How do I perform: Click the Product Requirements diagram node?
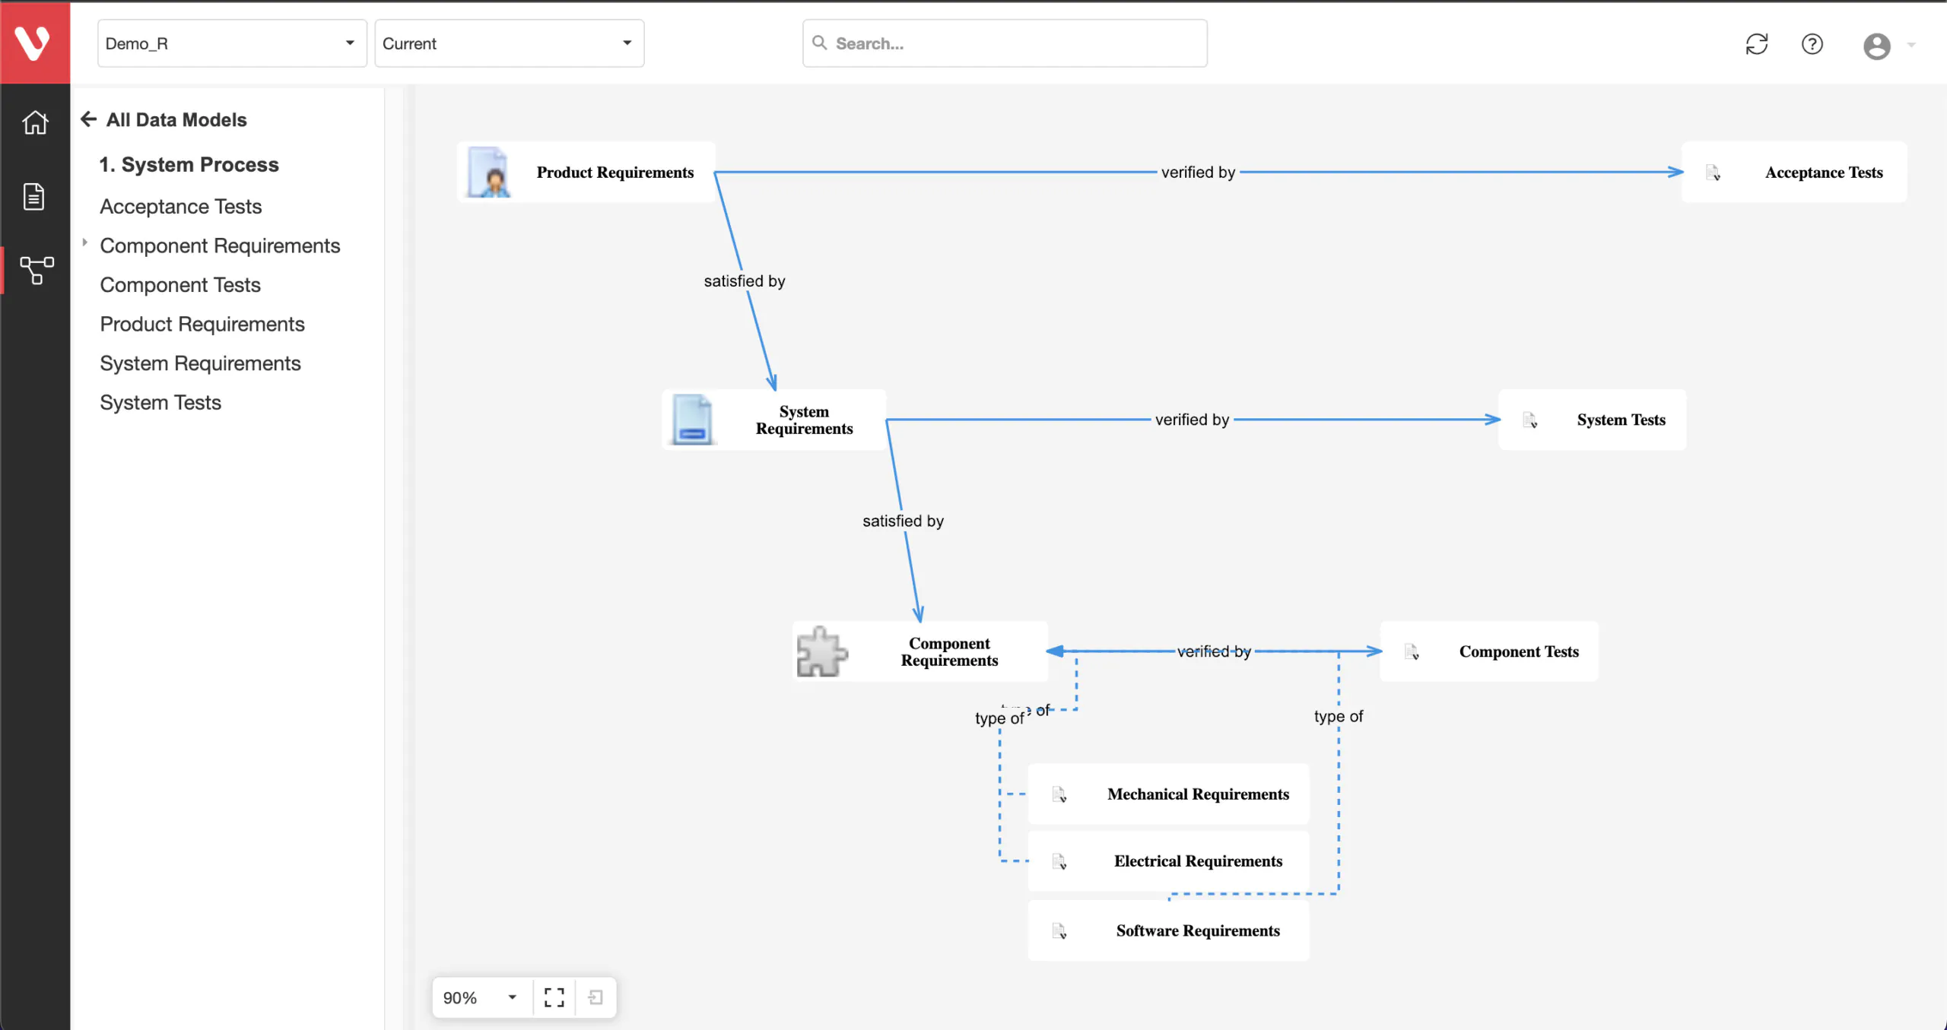586,172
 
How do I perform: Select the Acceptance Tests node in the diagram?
1794,172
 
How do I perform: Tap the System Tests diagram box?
1592,420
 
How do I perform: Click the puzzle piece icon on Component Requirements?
821,651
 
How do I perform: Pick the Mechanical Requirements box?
1168,794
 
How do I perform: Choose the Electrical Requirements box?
1168,860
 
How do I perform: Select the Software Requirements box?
1168,930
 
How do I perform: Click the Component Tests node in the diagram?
1489,651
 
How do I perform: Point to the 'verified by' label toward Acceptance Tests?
1198,173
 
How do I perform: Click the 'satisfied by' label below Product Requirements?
745,281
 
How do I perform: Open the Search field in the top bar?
1005,43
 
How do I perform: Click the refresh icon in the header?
1757,44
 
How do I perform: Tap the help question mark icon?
1812,44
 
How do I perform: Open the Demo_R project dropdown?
232,43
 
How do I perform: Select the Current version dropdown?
510,43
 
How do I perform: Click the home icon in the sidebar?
35,122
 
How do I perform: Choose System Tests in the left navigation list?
160,403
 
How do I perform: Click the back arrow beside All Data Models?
89,119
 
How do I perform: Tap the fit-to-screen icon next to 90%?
554,997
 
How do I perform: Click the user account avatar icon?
1877,46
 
